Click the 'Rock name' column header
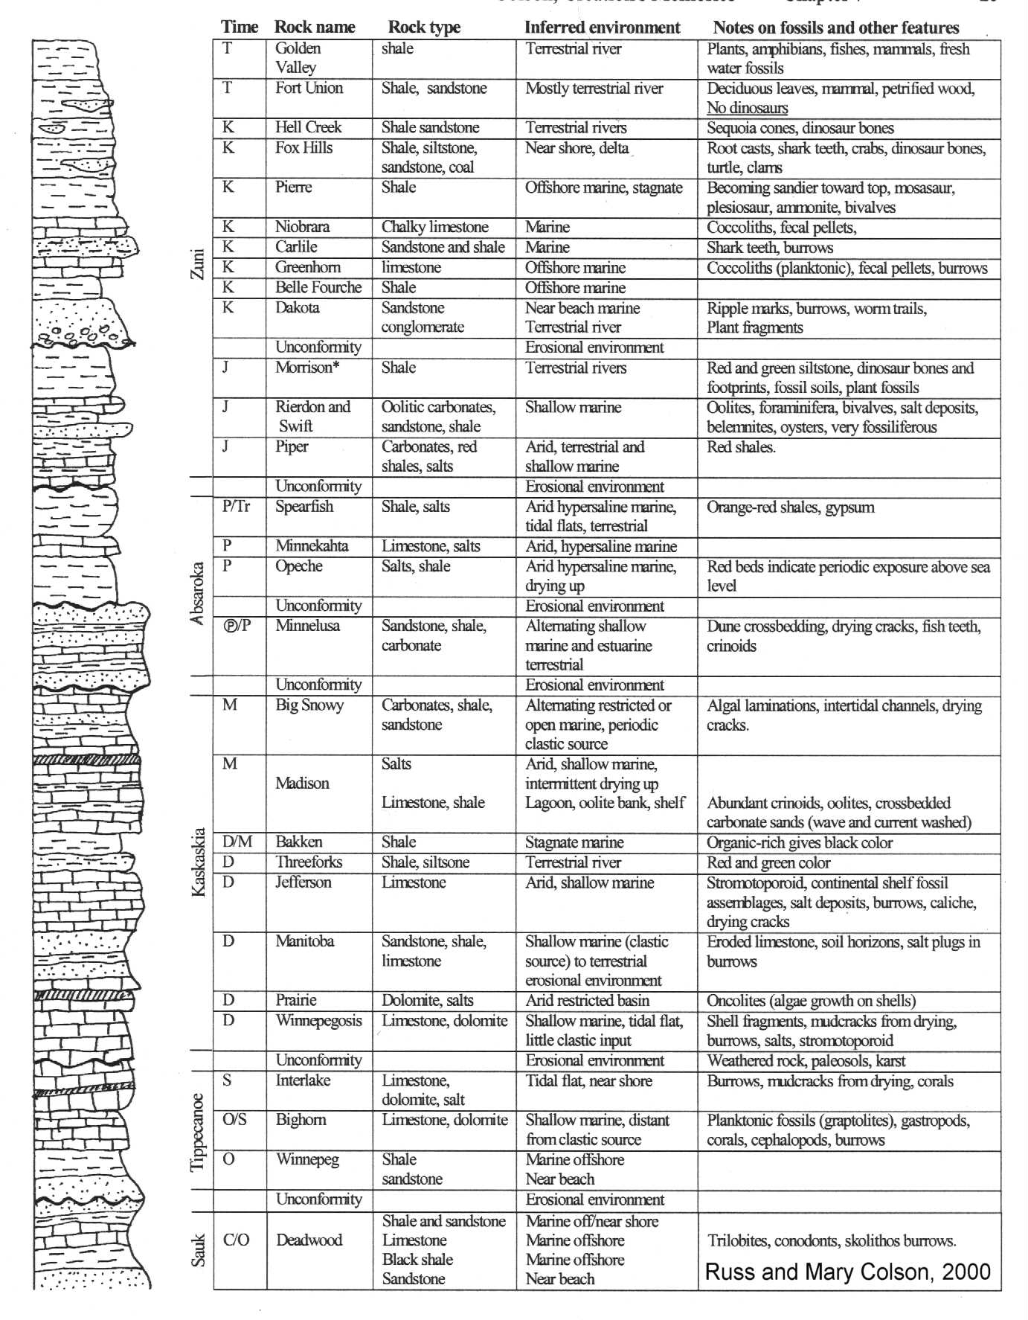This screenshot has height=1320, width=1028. pos(315,28)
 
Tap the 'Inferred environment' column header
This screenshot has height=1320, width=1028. pos(602,28)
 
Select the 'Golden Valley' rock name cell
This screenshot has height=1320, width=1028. pos(298,58)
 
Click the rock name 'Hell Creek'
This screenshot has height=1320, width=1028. pos(308,127)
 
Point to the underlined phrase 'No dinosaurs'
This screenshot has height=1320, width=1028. pos(747,108)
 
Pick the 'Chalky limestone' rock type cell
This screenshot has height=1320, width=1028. pos(434,227)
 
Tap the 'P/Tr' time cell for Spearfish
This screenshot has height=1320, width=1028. pos(237,507)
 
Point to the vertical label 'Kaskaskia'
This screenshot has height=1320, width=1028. pos(198,862)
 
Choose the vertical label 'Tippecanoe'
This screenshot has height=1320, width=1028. pos(198,1132)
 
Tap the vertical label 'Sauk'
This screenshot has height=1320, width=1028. pos(198,1251)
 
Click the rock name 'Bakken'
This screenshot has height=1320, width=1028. pos(299,842)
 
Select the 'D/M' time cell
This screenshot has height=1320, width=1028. pos(237,842)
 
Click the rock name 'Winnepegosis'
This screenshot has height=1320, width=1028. pos(318,1021)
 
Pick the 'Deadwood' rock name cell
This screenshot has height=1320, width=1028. pos(309,1240)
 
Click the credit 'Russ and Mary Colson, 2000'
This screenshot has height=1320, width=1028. pos(847,1272)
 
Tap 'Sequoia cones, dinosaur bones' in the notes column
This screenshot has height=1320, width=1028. pos(800,128)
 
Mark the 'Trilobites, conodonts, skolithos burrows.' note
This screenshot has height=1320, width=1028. pos(832,1241)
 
